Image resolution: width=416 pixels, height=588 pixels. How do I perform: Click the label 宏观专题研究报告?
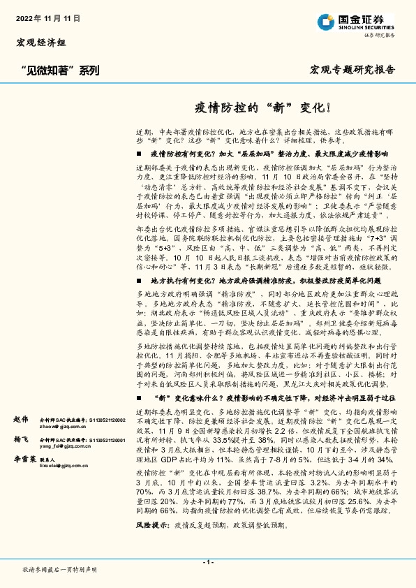[x=352, y=71]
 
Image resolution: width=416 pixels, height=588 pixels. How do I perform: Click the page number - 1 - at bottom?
[x=207, y=562]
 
